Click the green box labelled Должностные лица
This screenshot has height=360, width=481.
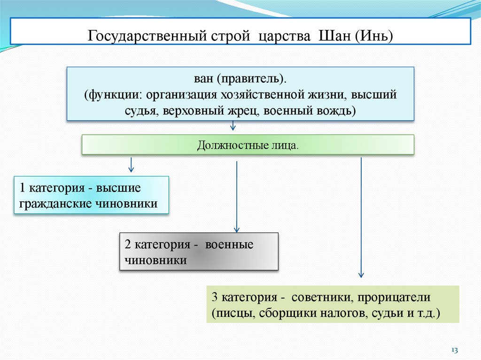click(248, 145)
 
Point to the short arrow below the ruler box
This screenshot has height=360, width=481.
click(233, 125)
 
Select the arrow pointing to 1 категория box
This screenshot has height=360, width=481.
click(131, 165)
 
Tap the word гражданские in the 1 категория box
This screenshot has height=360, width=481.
click(55, 204)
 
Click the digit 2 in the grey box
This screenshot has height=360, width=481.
click(128, 245)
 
